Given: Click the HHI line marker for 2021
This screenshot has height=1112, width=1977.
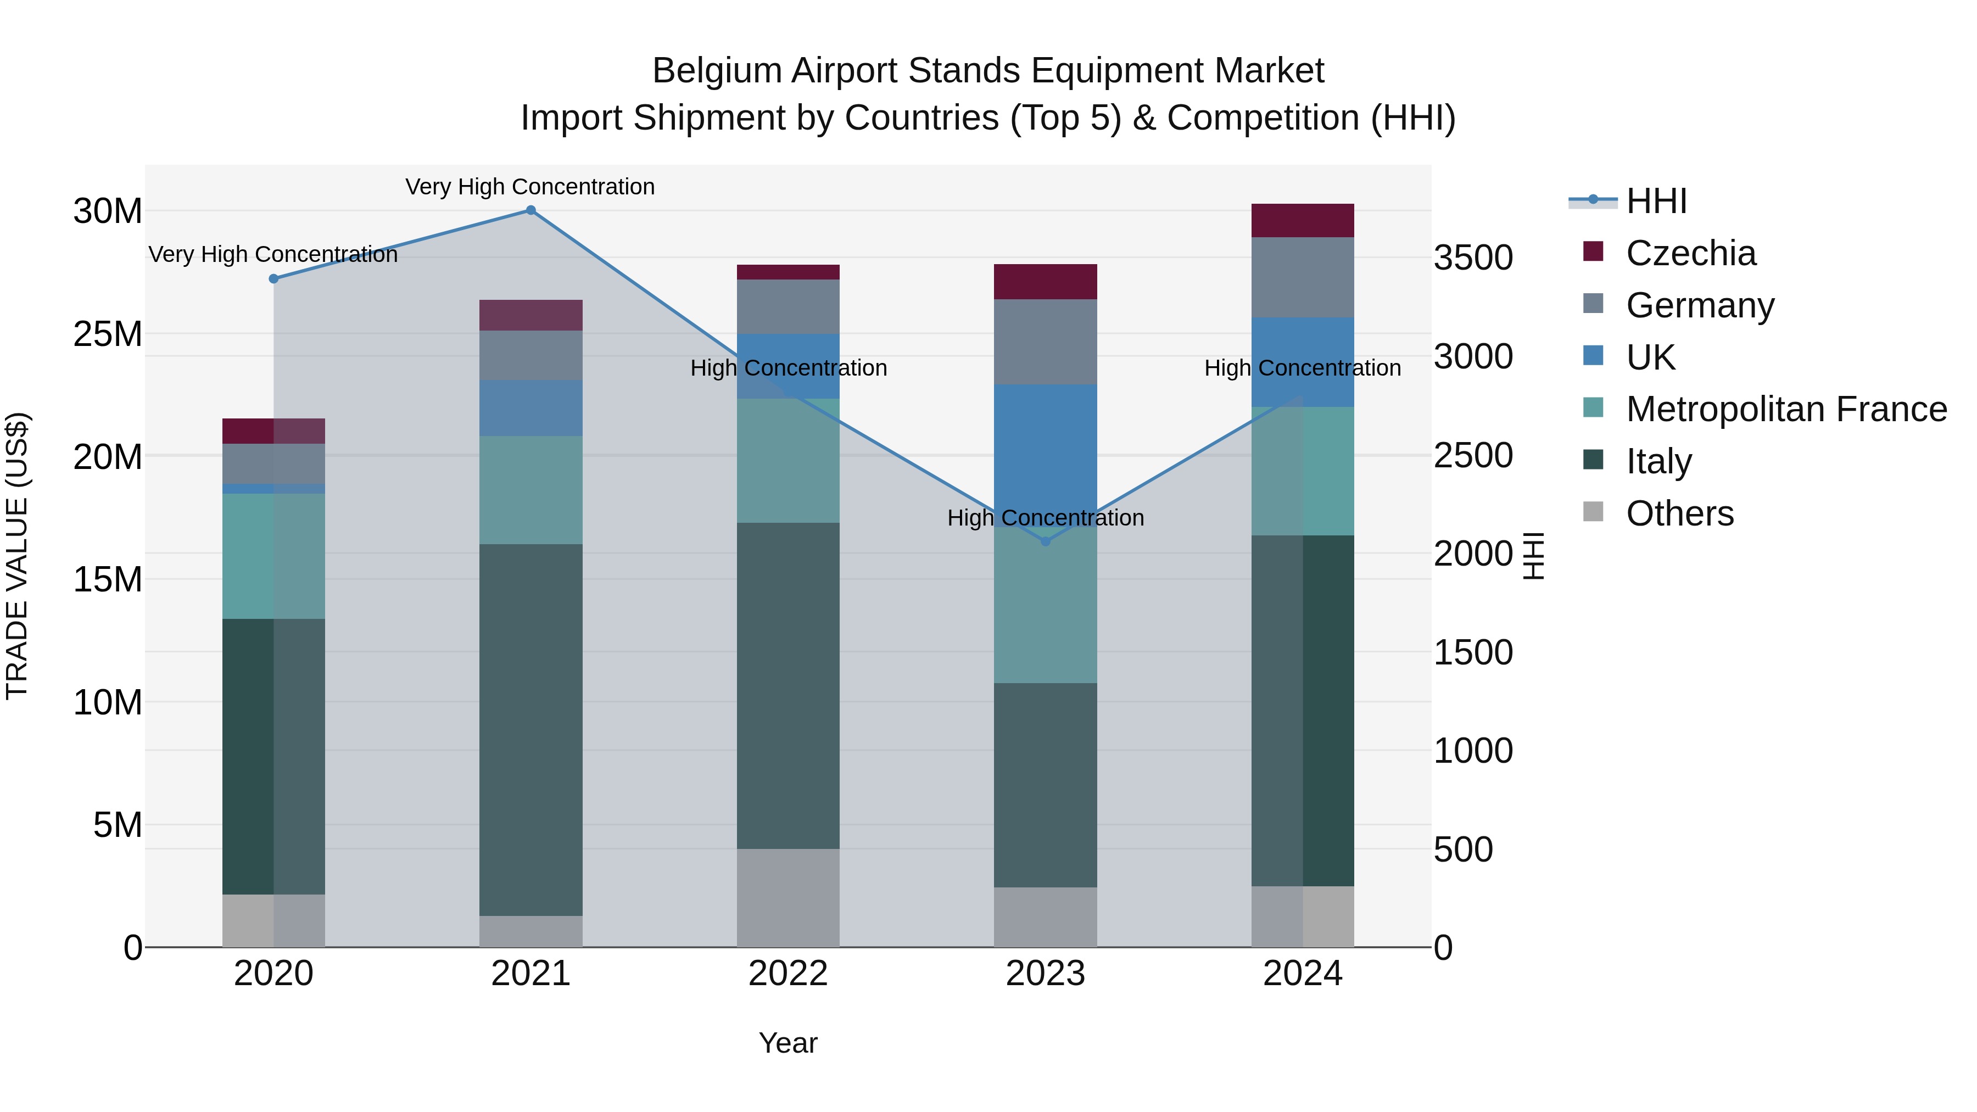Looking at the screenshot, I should tap(530, 210).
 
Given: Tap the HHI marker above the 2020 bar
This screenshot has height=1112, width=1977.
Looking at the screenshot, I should tap(273, 278).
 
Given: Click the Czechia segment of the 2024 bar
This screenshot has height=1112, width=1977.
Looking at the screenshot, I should tap(1303, 221).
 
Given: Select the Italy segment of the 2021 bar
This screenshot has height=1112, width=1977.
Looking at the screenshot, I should tap(530, 729).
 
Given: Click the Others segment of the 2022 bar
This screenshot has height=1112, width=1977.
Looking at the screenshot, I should tap(788, 897).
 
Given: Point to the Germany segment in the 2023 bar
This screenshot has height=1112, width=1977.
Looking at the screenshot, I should tap(1045, 342).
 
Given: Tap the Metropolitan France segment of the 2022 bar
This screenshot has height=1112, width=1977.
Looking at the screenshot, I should tap(788, 461).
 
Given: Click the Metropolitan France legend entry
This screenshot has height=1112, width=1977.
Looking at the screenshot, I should tap(1786, 409).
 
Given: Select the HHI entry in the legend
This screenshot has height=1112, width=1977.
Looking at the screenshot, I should tap(1656, 201).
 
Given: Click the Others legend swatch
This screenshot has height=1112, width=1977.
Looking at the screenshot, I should tap(1593, 512).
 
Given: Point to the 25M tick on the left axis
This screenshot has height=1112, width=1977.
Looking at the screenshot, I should tap(108, 334).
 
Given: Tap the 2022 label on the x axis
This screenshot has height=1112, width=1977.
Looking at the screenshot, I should tap(788, 974).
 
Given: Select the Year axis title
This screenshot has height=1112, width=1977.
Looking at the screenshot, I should tap(788, 1043).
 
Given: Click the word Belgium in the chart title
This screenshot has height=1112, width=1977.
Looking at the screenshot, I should tap(717, 71).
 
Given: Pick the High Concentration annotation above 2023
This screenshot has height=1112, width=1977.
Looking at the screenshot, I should tap(1045, 518).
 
